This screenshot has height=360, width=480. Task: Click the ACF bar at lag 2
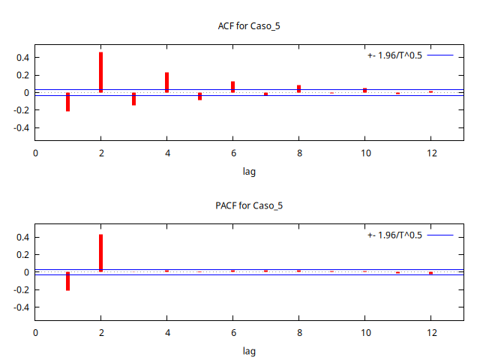tap(100, 73)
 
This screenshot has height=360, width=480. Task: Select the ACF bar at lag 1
tap(67, 102)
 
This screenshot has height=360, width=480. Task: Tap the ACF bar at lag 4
tap(166, 82)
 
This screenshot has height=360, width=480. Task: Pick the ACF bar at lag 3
tap(133, 99)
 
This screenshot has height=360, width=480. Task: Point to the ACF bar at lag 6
tap(232, 87)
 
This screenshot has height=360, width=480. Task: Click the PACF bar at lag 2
tap(100, 253)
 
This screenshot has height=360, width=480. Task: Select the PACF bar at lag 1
tap(67, 281)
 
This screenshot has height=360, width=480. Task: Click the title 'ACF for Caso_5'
tap(249, 26)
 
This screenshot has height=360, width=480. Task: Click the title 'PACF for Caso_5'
tap(249, 205)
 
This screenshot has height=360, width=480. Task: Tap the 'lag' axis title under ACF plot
tap(249, 172)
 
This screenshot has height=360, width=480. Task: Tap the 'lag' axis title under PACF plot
tap(249, 351)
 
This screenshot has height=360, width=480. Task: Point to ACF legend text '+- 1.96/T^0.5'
tap(394, 55)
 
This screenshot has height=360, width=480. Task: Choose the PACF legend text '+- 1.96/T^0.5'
tap(394, 235)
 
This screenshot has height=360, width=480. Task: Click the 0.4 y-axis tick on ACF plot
tap(21, 58)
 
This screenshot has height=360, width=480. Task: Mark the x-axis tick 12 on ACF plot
tap(430, 154)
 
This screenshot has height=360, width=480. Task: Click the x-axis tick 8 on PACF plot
tap(298, 333)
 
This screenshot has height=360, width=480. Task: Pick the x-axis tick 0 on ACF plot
tap(34, 154)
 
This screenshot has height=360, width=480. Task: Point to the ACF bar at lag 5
tap(199, 96)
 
